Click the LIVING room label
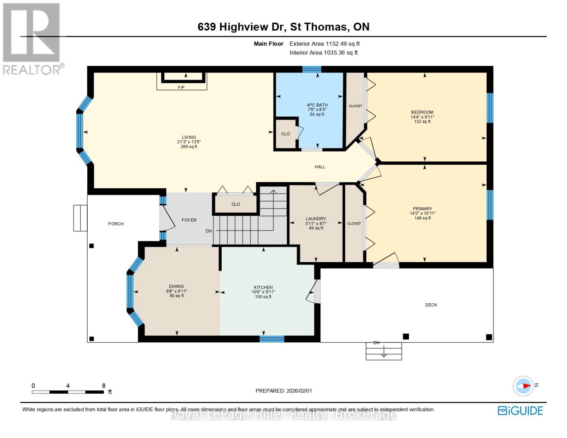pos(189,138)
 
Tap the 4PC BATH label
pos(317,105)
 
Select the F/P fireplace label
pos(181,88)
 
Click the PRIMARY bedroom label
pos(422,209)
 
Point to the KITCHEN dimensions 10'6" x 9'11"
pos(263,292)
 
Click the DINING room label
pos(176,287)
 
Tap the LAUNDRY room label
pos(315,219)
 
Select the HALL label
pos(320,167)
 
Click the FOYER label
pos(189,220)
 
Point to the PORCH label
pos(116,224)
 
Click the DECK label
pos(431,305)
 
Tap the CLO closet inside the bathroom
pos(286,134)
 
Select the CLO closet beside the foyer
pos(235,204)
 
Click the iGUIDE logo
pos(520,411)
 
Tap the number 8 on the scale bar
pos(104,386)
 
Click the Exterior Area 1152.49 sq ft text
pos(325,44)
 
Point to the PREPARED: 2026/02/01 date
pos(284,391)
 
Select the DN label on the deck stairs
pos(376,343)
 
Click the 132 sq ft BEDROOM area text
pos(422,122)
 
